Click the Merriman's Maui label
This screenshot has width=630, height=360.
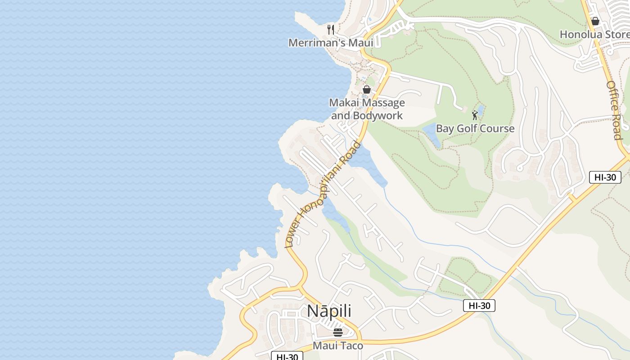pos(331,43)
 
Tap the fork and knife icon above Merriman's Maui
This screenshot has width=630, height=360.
pos(331,30)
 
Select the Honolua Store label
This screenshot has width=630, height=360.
pos(594,34)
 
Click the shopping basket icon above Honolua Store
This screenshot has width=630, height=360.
pos(595,21)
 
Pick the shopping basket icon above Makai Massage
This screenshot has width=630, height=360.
pos(367,90)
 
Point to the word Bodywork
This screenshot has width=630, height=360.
pos(378,116)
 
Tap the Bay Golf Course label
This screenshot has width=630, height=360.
pos(475,128)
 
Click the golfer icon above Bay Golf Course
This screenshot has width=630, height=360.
pos(475,115)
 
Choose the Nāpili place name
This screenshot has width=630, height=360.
pos(329,311)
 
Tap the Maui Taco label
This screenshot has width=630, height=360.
pos(337,346)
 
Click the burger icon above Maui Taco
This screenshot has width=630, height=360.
pos(338,333)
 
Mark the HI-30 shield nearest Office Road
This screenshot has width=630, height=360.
pos(605,177)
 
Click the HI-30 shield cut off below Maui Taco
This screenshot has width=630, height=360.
pos(287,356)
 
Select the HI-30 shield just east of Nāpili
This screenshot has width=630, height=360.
pos(479,306)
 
